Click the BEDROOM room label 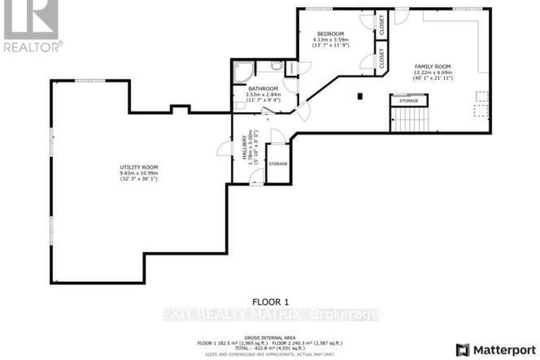tap(329, 34)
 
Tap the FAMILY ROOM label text tap(432, 66)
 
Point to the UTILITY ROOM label tap(139, 166)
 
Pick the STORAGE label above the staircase tap(408, 101)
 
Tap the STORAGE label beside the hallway tap(278, 163)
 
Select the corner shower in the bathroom tap(242, 71)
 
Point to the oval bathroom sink tap(277, 65)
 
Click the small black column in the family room tap(359, 95)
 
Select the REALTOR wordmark tap(32, 47)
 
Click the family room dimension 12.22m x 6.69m tap(432, 72)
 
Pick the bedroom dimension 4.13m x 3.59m tap(329, 40)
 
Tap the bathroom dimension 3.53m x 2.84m tap(262, 95)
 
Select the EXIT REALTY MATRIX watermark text tap(270, 314)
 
